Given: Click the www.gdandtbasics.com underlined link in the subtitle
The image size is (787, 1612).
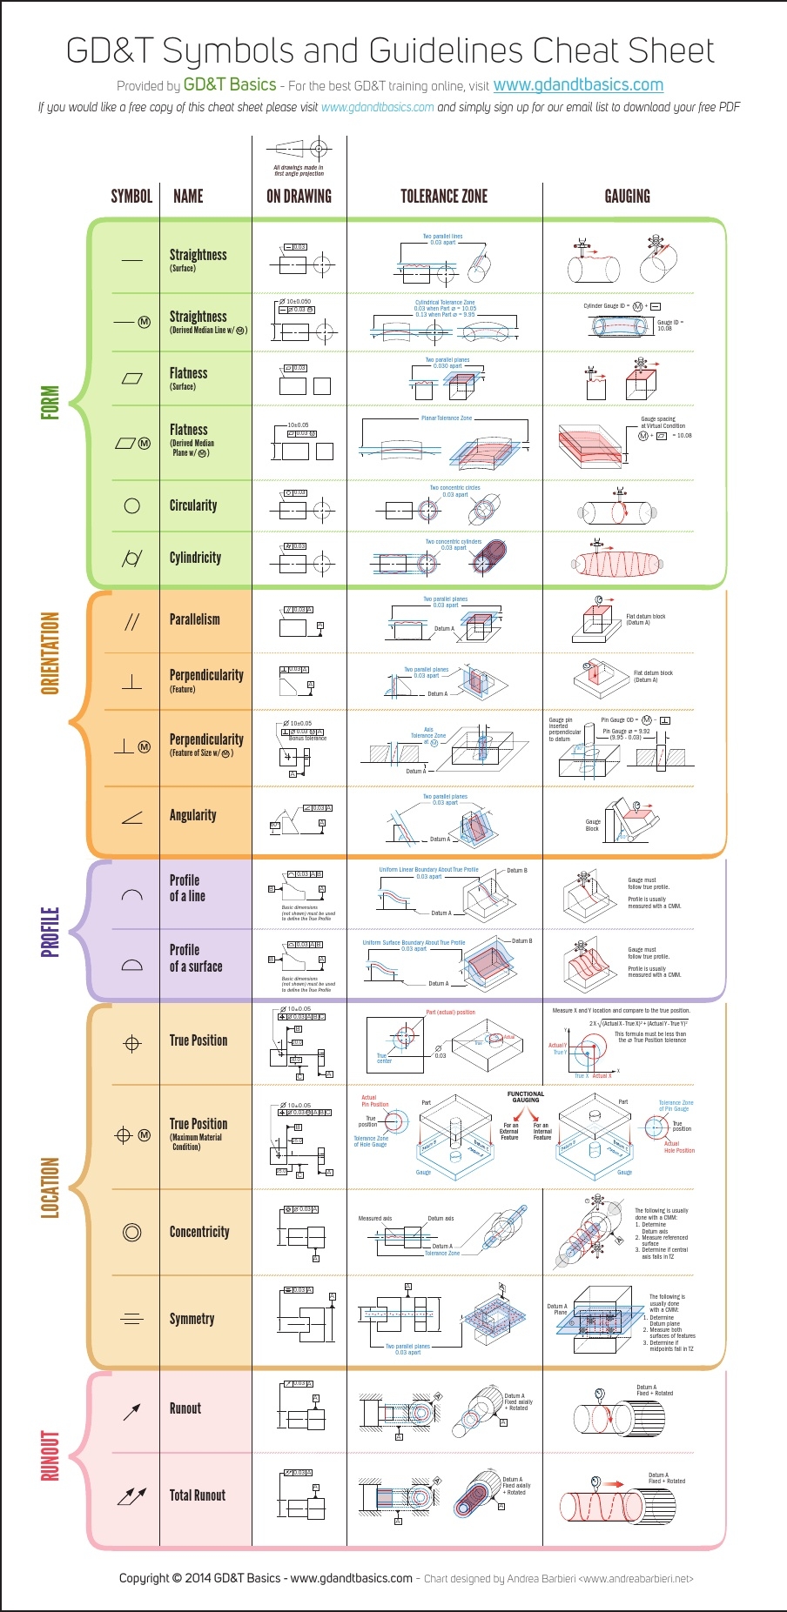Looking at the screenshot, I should [578, 85].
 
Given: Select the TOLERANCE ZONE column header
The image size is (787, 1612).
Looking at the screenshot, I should [444, 197].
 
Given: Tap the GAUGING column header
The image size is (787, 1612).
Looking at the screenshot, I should [627, 197].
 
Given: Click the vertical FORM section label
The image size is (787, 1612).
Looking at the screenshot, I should [50, 403].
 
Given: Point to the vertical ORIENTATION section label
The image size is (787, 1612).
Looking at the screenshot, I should [50, 652].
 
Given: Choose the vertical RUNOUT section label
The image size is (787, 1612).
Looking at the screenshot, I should [50, 1455].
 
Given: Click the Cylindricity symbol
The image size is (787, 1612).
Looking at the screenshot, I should [132, 558].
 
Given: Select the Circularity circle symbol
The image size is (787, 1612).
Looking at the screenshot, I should [132, 505].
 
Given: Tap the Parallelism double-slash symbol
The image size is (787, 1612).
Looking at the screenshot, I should [132, 621].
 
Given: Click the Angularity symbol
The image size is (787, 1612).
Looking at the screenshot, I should [132, 817].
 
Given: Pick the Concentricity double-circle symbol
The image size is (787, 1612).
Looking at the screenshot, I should [132, 1232].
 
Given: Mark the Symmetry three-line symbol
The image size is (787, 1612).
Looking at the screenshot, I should [132, 1319].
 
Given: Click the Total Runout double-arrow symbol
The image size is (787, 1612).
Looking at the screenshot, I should [132, 1495].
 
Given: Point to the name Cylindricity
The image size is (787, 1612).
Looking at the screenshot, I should [195, 558].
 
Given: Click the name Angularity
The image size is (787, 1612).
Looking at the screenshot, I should [192, 815].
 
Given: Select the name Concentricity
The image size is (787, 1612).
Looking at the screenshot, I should [199, 1232].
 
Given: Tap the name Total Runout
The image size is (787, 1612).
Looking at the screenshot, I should [197, 1495].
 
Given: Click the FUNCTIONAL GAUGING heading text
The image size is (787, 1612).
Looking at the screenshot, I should [526, 1097].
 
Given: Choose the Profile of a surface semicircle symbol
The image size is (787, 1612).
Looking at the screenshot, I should [132, 964].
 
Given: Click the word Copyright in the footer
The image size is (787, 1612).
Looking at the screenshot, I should [145, 1578].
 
